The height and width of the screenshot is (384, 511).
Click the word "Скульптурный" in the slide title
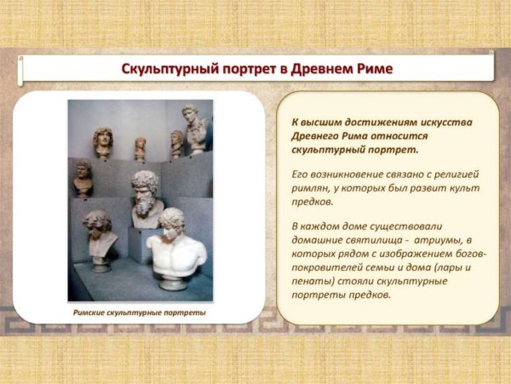[x=167, y=68]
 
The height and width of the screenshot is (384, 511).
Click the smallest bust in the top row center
[x=141, y=147]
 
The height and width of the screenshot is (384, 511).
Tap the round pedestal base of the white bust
[x=174, y=281]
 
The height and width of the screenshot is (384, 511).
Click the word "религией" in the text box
[x=456, y=172]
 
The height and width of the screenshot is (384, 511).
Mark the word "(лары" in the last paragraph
[x=462, y=267]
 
